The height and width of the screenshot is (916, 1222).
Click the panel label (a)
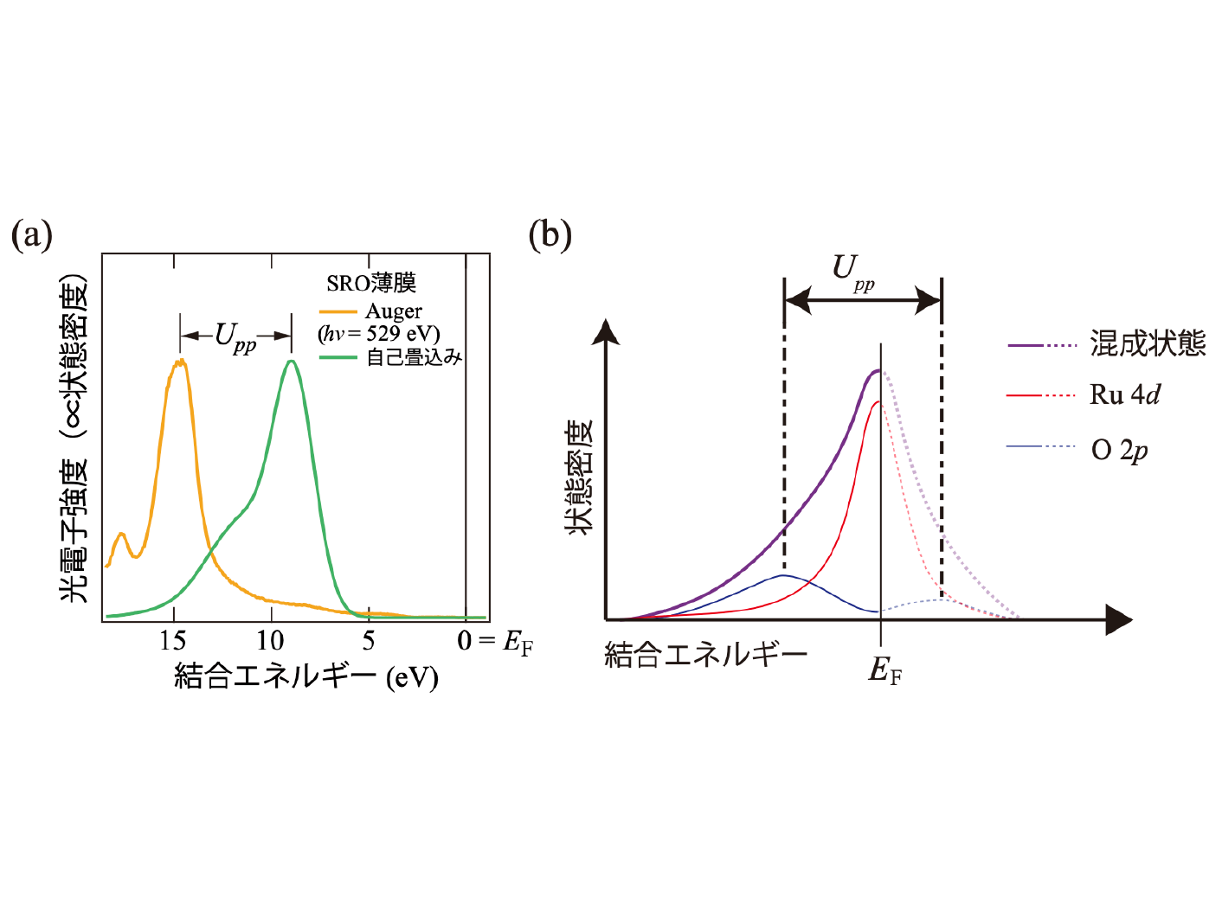tap(32, 234)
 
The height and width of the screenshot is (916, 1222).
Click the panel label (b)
tap(550, 234)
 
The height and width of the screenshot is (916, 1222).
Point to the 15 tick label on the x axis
tap(173, 641)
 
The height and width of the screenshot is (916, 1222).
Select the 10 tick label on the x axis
tap(271, 641)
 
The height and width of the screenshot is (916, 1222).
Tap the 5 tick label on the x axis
tap(370, 641)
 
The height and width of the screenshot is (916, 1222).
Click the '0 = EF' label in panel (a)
tap(494, 642)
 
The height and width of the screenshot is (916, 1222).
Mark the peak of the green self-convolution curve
tap(292, 361)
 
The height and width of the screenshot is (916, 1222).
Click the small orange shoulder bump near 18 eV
tap(121, 535)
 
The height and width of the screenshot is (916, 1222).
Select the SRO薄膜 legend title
tap(371, 283)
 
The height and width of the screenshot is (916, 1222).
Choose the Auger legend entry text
tap(394, 311)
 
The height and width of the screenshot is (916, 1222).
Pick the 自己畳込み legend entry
tap(415, 356)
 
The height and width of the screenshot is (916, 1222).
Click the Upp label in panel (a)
tap(235, 336)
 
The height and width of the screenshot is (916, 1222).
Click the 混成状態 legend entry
tap(1148, 343)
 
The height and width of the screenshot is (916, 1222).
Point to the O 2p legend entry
tap(1120, 450)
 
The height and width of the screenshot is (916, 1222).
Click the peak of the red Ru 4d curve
tap(878, 401)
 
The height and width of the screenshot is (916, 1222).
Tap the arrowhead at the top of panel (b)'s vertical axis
tap(607, 331)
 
